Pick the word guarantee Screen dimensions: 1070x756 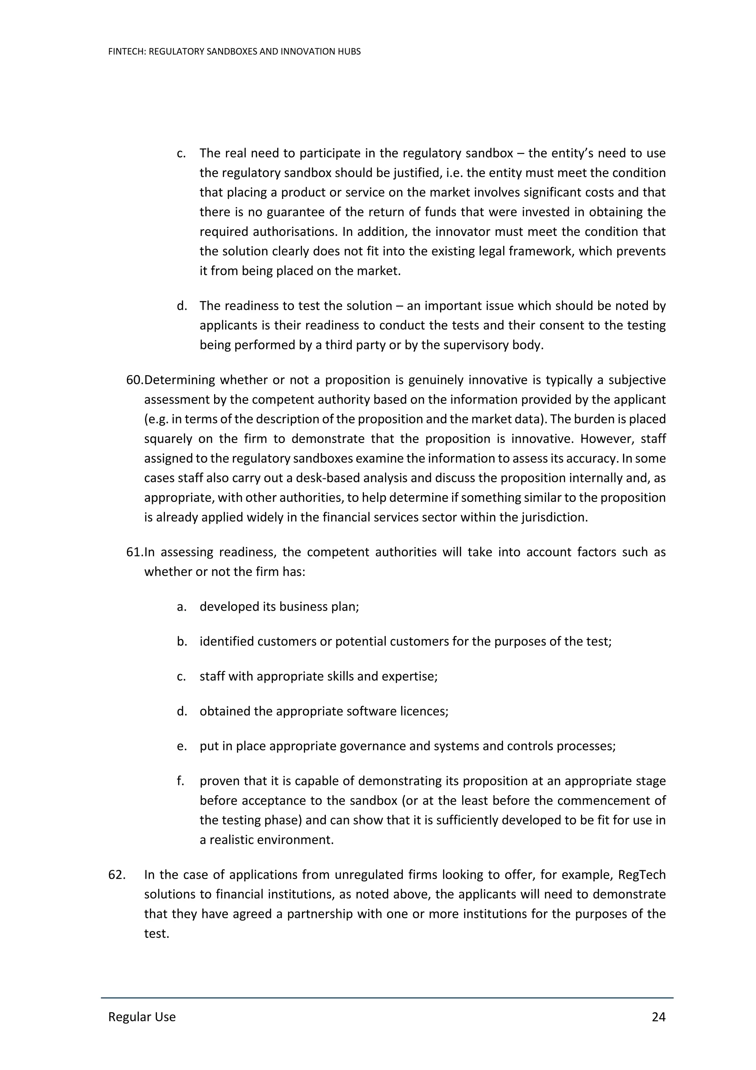tap(289, 212)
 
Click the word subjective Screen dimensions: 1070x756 tap(636, 380)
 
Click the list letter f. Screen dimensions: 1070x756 tap(180, 781)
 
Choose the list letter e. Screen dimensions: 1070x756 tap(181, 746)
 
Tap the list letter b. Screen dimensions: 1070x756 tap(182, 642)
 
